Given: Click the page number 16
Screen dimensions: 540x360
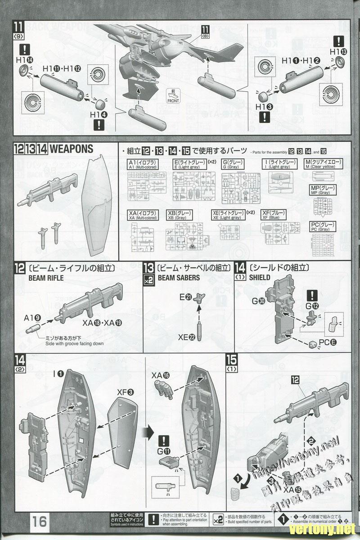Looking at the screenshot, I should click(40, 521).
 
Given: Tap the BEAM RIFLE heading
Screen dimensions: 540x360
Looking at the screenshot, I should click(46, 278).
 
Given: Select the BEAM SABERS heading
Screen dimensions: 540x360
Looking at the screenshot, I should click(179, 278).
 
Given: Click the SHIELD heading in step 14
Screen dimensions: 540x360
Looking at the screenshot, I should click(260, 278).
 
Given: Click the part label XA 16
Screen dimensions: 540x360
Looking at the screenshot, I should click(161, 375).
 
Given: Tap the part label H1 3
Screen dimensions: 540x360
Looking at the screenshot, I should click(264, 107).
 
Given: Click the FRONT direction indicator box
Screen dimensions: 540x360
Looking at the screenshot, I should click(173, 98).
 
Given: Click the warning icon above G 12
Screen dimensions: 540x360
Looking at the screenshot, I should click(312, 295).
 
